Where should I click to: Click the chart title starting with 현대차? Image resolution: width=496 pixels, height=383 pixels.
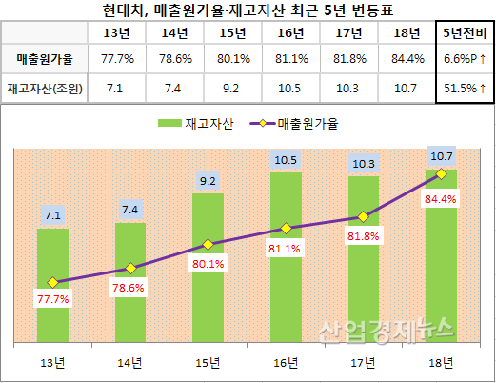(x=248, y=10)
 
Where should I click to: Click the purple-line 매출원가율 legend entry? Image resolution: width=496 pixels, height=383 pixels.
(x=294, y=124)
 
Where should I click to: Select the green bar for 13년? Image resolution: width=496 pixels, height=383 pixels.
(x=52, y=286)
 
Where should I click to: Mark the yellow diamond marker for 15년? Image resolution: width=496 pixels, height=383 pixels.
(x=208, y=244)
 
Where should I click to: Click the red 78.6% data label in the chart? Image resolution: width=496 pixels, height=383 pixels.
(x=130, y=287)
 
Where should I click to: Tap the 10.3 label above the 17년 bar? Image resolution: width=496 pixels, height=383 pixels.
(x=363, y=164)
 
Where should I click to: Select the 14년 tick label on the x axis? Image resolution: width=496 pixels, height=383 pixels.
(x=130, y=362)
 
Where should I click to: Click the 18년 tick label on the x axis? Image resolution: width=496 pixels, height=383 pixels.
(x=441, y=362)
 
